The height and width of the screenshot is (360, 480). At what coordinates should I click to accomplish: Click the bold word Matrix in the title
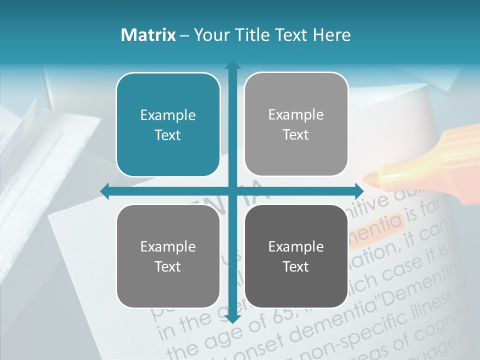pyautogui.click(x=148, y=35)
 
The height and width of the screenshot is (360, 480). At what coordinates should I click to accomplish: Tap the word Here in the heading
pyautogui.click(x=332, y=35)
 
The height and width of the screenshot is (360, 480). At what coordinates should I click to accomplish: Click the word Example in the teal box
pyautogui.click(x=168, y=115)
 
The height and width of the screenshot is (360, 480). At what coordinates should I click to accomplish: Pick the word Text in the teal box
pyautogui.click(x=168, y=135)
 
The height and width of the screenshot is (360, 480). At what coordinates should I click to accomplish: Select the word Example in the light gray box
pyautogui.click(x=296, y=115)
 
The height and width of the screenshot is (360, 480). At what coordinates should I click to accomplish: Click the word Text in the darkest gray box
pyautogui.click(x=296, y=266)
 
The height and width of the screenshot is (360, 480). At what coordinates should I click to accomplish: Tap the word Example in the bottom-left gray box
pyautogui.click(x=168, y=246)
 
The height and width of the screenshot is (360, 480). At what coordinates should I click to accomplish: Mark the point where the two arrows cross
pyautogui.click(x=232, y=191)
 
